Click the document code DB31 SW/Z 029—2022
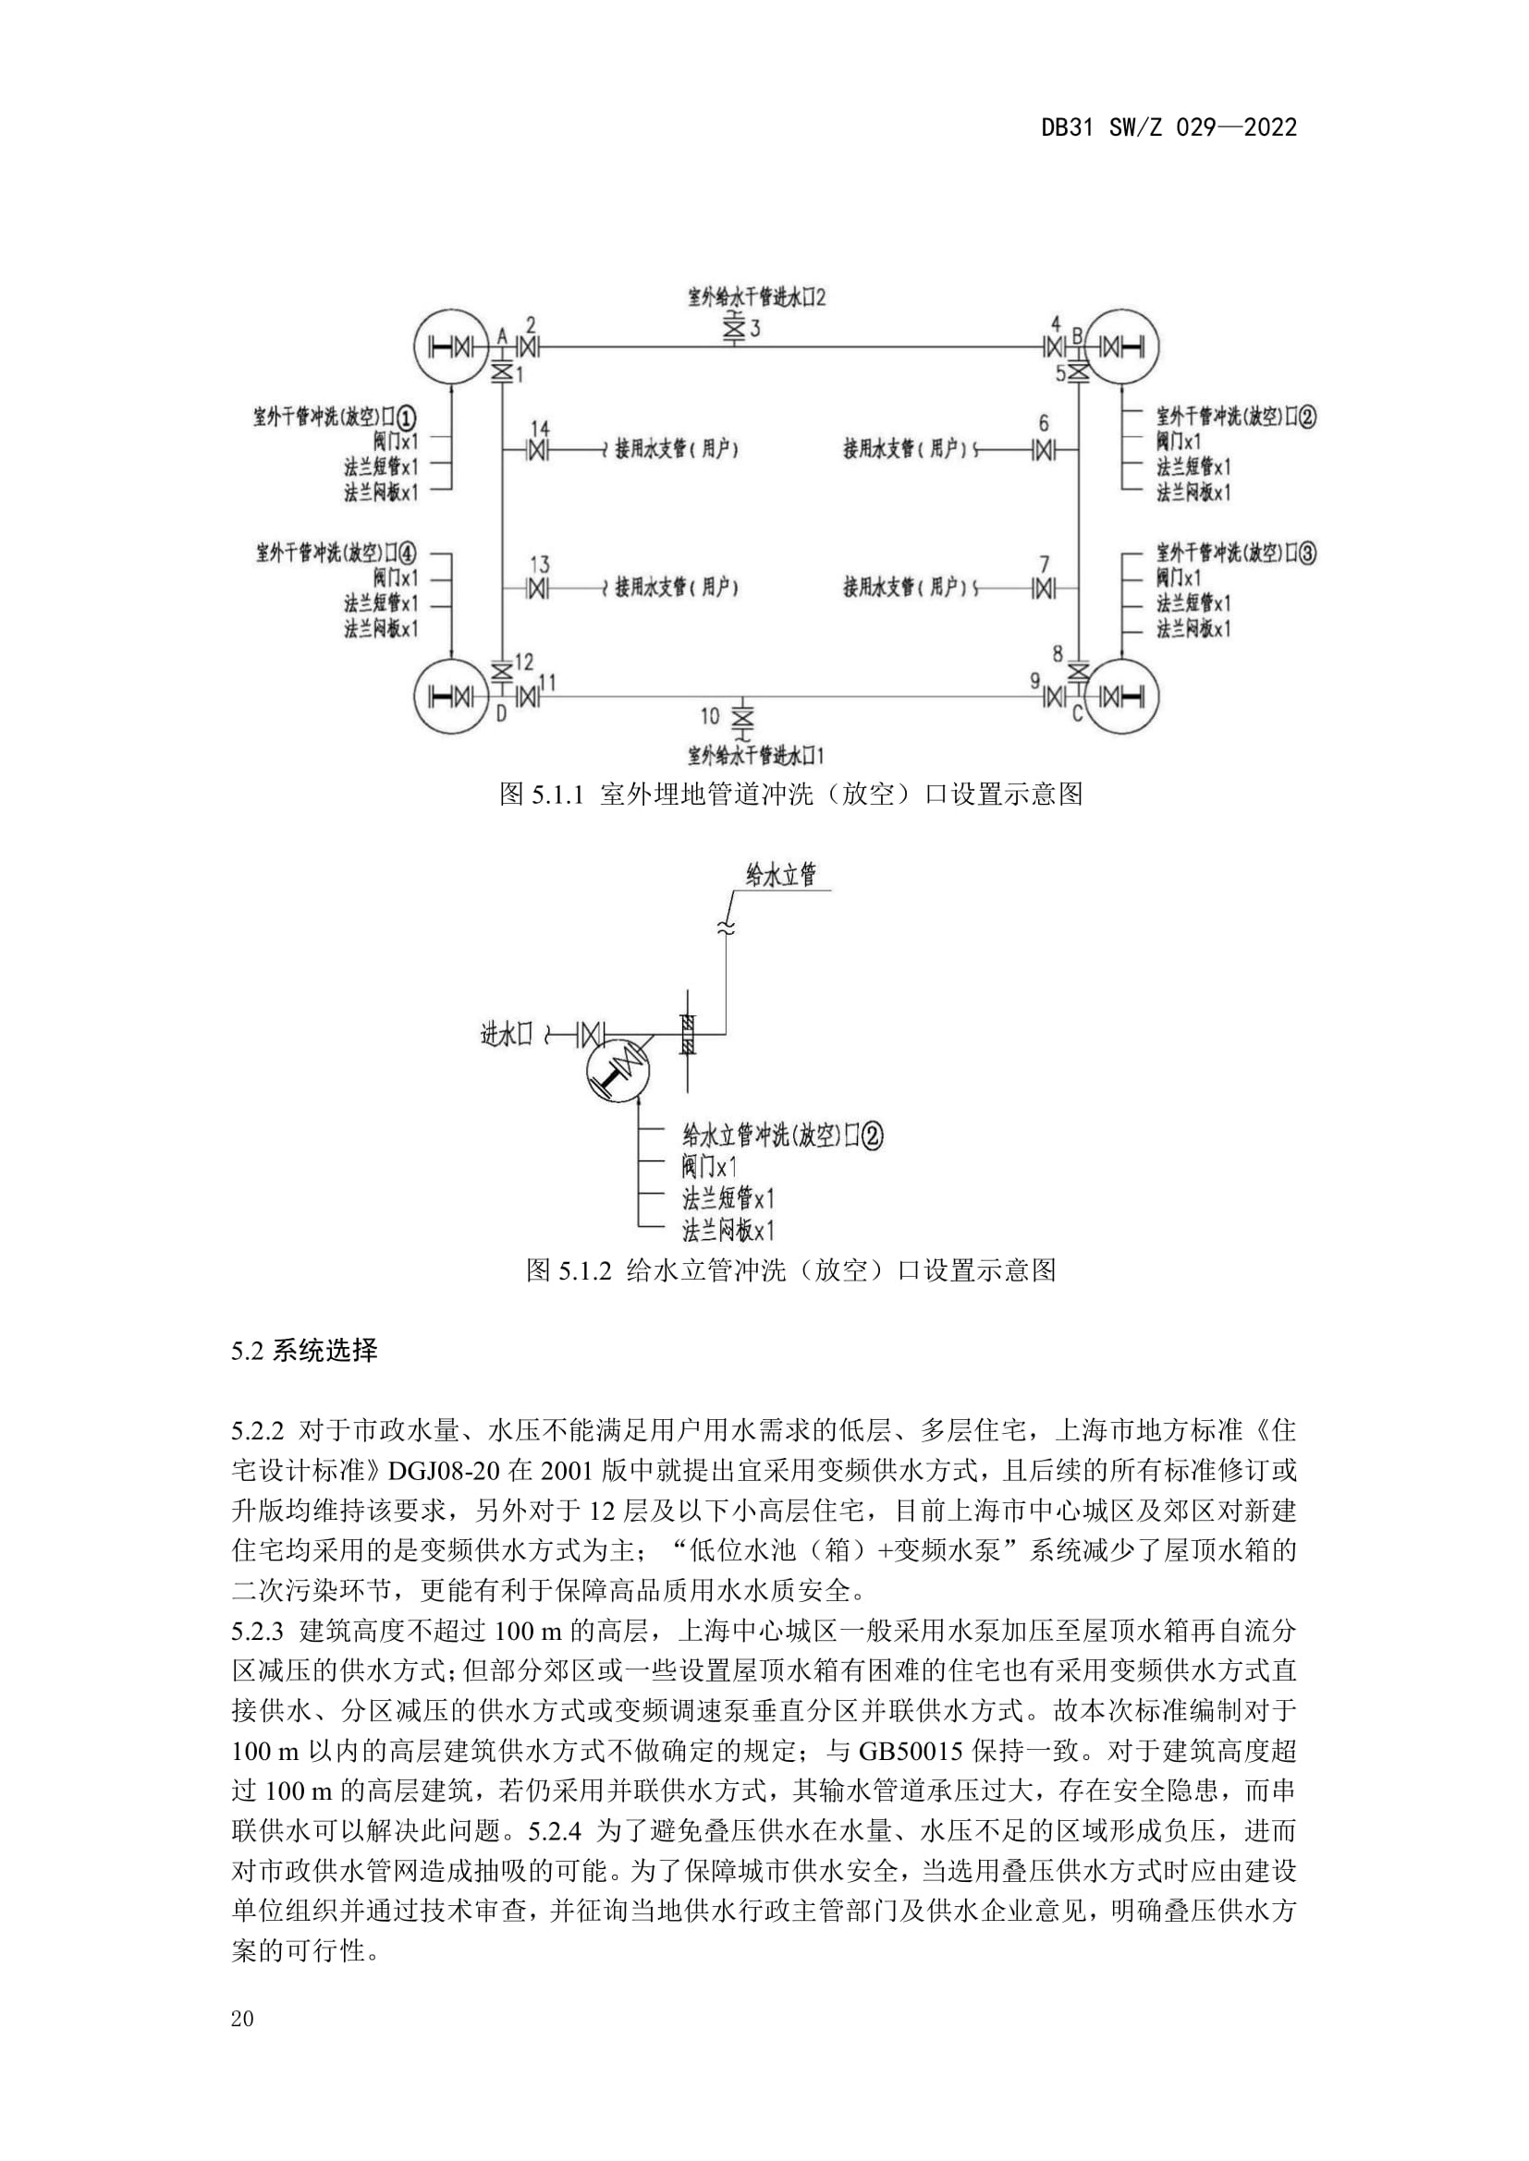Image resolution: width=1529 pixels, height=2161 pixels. pos(1168,128)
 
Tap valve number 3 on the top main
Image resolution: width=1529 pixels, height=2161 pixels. pos(733,331)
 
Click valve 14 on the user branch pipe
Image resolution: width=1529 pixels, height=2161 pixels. pos(539,451)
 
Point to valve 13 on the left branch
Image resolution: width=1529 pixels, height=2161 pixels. pos(539,589)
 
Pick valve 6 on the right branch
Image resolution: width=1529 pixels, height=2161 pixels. pos(1042,451)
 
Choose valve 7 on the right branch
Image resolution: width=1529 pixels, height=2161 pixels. pos(1042,589)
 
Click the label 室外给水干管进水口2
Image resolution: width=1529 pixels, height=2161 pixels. pos(756,298)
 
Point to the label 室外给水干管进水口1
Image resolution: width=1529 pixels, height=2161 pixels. pos(756,755)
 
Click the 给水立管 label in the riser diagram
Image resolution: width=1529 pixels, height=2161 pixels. pos(780,875)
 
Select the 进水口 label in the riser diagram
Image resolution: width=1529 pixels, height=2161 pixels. pos(507,1035)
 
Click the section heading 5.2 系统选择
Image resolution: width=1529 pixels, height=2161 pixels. pos(304,1352)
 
